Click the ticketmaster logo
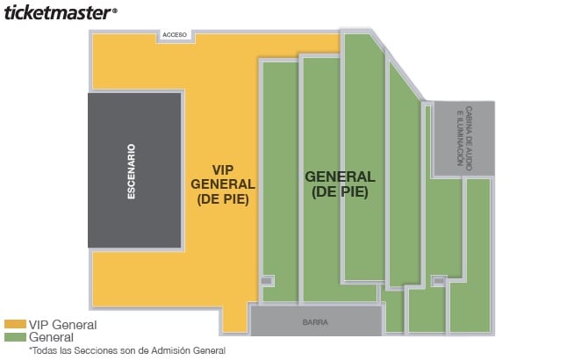[58, 13]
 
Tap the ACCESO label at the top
[170, 35]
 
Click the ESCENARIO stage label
[131, 171]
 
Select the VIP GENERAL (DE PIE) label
[222, 184]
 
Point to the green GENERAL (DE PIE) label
[339, 184]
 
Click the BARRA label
[316, 321]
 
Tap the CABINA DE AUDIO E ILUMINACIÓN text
[463, 139]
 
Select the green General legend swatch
[15, 336]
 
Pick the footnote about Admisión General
[126, 350]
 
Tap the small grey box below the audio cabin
[439, 281]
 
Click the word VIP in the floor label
[223, 169]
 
